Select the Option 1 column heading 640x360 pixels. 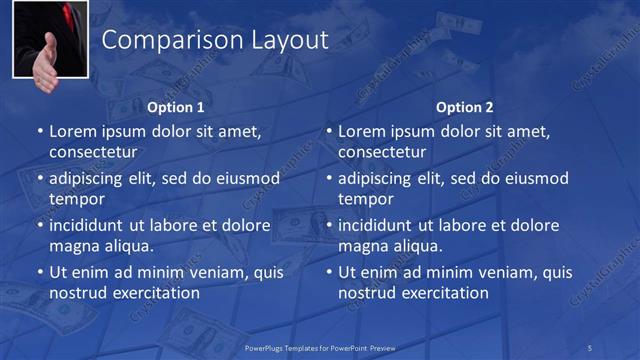pyautogui.click(x=176, y=107)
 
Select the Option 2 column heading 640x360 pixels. pyautogui.click(x=465, y=107)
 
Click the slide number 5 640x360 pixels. pyautogui.click(x=589, y=347)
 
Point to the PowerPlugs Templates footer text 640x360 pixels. pyautogui.click(x=320, y=347)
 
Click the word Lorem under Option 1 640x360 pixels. pyautogui.click(x=72, y=131)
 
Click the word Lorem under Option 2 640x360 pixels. pyautogui.click(x=361, y=131)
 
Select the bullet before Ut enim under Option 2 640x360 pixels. pyautogui.click(x=329, y=272)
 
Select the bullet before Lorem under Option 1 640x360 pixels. pyautogui.click(x=40, y=131)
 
